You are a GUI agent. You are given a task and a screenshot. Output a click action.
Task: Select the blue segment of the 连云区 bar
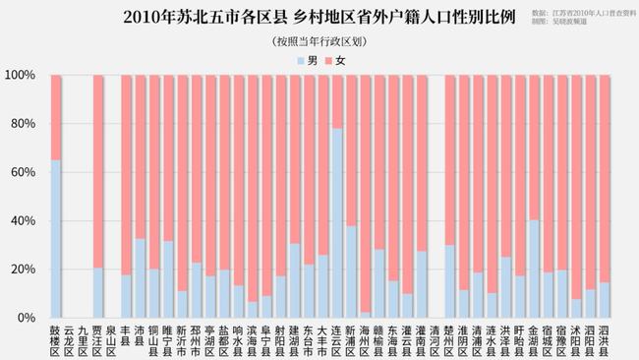(337, 222)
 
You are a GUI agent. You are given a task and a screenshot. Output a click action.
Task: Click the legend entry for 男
(306, 60)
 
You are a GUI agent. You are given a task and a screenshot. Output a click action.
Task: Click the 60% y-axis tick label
(22, 172)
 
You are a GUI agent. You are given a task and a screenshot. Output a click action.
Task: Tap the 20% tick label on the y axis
(22, 270)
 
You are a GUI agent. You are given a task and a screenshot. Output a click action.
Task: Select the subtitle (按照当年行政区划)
(319, 40)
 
